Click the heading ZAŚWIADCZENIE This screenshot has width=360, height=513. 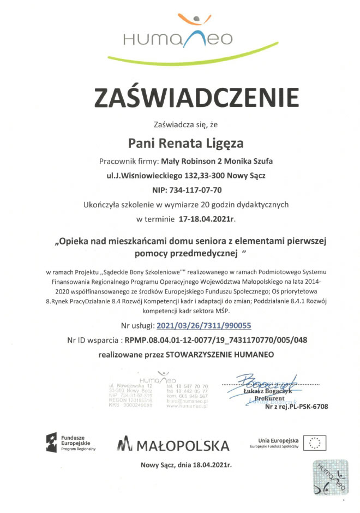(196, 98)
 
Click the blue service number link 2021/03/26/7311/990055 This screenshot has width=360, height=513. (203, 326)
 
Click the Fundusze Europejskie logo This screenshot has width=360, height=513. (71, 441)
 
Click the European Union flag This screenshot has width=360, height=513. (314, 443)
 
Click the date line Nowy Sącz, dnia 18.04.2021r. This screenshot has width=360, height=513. (186, 466)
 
